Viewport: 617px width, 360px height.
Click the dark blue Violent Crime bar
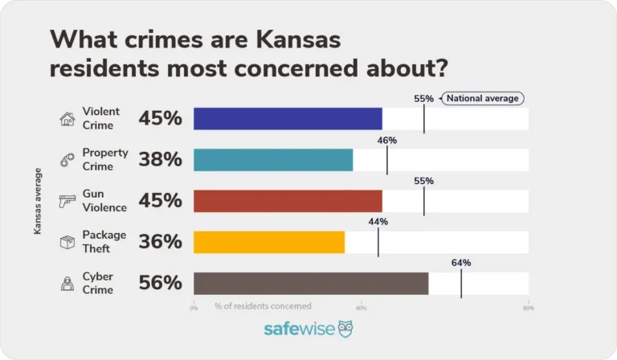288,119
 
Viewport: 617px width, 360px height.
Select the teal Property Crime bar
273,160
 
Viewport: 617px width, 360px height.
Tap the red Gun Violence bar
288,201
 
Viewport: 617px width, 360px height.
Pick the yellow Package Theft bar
269,242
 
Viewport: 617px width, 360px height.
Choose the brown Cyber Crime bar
311,284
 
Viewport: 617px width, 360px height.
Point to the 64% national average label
461,263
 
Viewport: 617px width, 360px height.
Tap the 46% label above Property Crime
387,140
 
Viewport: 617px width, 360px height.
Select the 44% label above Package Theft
378,222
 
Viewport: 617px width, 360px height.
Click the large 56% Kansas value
161,283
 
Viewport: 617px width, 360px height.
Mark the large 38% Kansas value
161,160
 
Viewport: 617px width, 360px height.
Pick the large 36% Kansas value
161,242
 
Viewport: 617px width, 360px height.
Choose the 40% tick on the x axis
361,308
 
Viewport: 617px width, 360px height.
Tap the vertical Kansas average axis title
38,201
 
